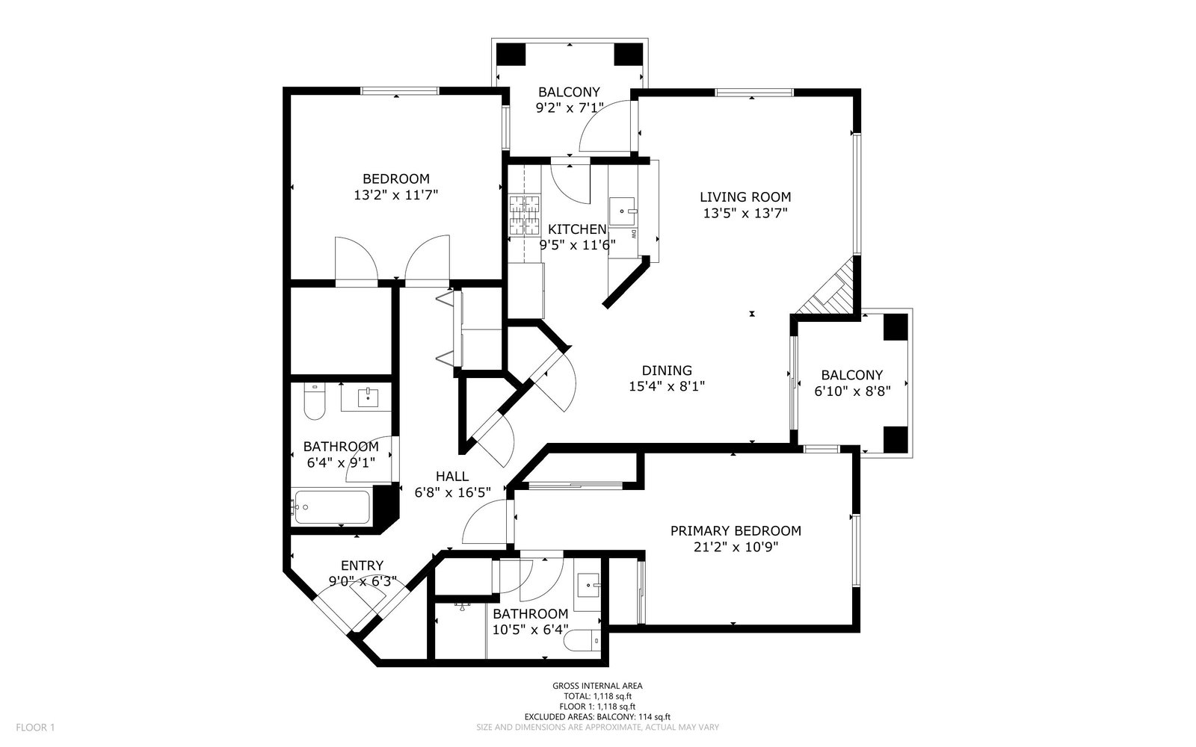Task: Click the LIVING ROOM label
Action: pos(745,197)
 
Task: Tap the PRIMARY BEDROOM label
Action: pos(735,531)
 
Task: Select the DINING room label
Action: pos(667,371)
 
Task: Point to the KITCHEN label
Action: pos(576,229)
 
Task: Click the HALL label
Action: pos(452,477)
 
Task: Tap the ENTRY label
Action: pos(362,565)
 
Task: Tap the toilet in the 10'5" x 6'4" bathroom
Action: pos(584,640)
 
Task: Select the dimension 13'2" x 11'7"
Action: pos(395,195)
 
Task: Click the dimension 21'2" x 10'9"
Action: pos(735,547)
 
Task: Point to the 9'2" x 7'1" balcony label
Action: pos(569,93)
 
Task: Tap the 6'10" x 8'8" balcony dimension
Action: pos(851,390)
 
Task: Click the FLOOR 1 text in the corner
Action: pos(35,727)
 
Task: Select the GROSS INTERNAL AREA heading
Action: pos(597,686)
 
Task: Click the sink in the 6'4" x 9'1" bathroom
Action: pos(368,397)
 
